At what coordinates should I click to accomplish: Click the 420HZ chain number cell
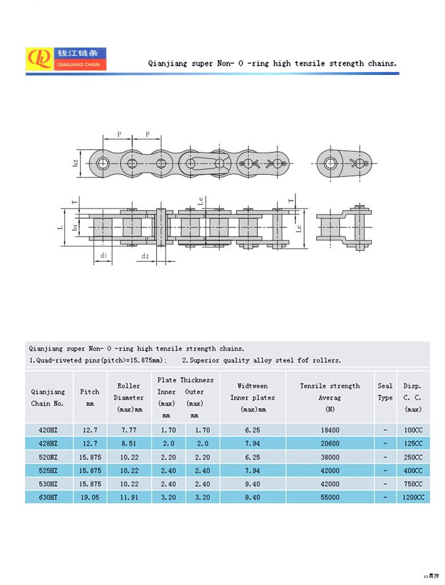48,430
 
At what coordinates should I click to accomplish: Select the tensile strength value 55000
330,498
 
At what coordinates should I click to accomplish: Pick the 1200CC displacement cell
413,498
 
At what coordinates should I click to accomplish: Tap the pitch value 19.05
90,498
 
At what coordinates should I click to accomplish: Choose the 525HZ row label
48,471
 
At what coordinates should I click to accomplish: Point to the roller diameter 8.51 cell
129,443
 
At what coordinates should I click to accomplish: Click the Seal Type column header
385,392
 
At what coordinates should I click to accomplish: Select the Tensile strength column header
330,398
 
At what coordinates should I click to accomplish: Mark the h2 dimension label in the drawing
76,163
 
